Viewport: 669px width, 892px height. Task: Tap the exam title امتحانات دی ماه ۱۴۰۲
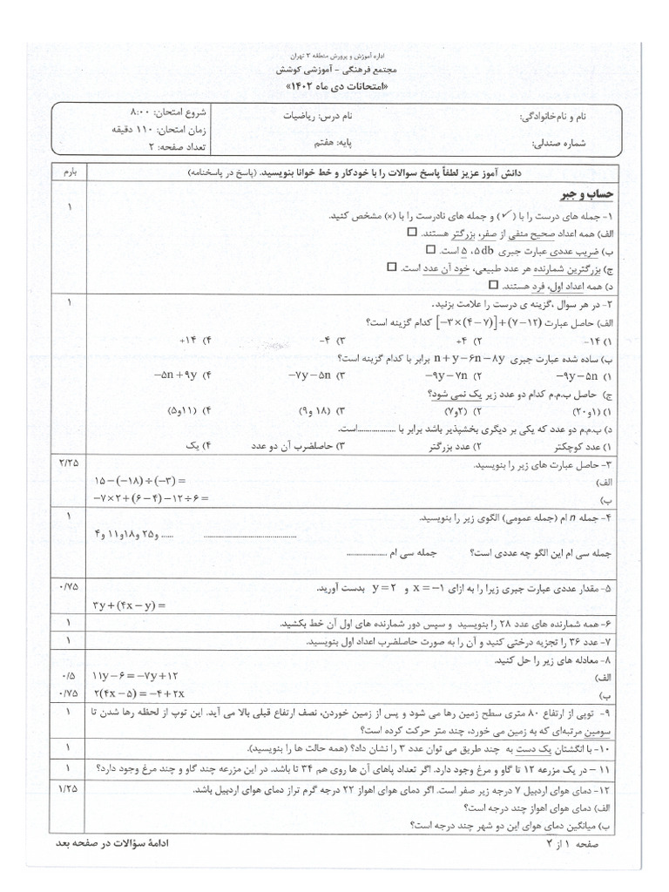click(x=334, y=89)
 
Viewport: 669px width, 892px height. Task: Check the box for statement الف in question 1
click(x=411, y=233)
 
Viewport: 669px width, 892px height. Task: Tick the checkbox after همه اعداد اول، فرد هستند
click(x=493, y=284)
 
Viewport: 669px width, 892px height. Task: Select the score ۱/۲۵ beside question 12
click(x=69, y=789)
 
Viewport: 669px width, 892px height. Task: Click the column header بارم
click(x=69, y=173)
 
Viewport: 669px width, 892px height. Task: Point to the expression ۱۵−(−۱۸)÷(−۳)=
click(x=139, y=480)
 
